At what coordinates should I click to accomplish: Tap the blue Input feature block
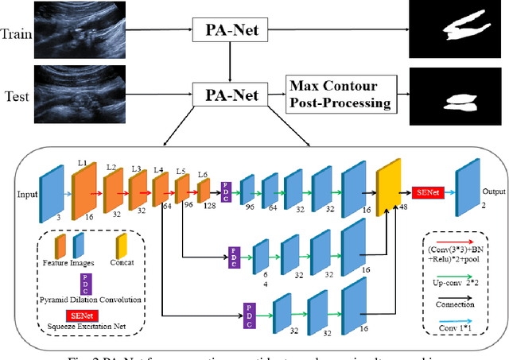(50, 192)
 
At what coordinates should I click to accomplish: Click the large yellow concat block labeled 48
(388, 188)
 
